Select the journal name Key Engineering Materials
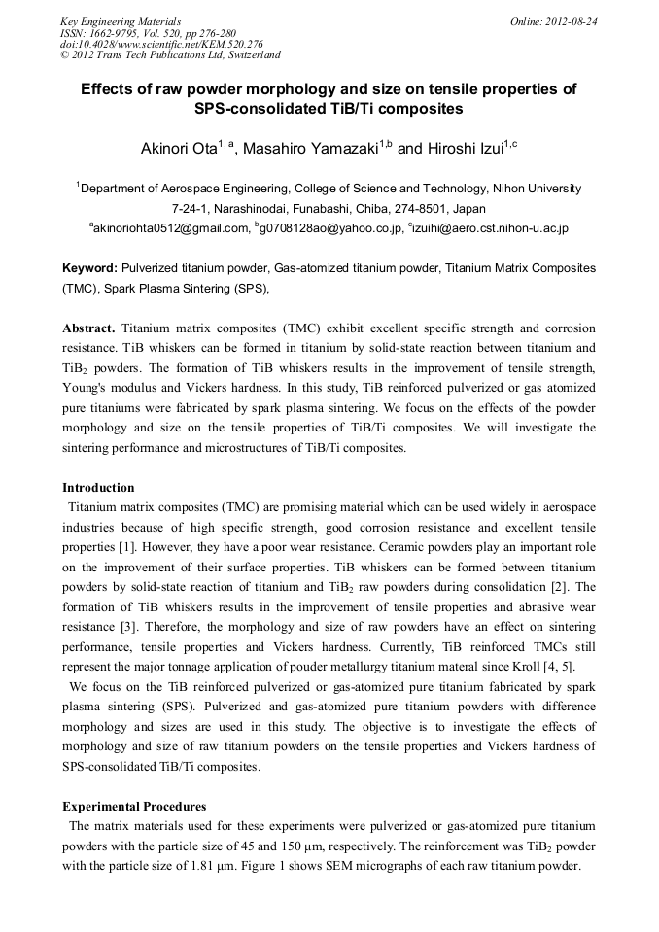click(121, 20)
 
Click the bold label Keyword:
click(89, 267)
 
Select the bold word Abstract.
click(88, 329)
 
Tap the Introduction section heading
click(98, 487)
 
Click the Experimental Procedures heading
click(133, 806)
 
